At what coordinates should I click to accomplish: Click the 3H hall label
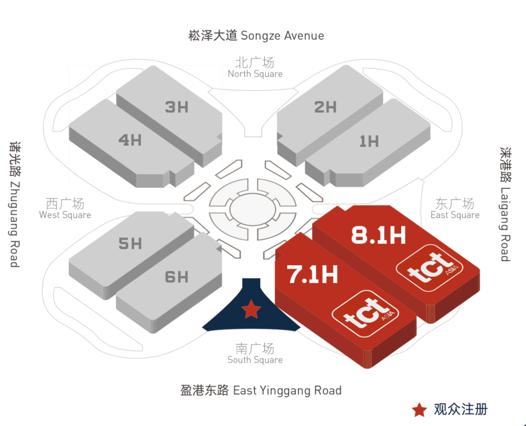[x=176, y=107]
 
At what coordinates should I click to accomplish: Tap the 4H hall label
[x=130, y=140]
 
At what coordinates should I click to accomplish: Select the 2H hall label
[x=325, y=107]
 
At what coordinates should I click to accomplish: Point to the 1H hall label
[x=369, y=141]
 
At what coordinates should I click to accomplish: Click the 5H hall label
[x=130, y=243]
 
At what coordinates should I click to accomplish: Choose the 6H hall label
[x=176, y=277]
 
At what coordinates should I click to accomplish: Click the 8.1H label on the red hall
[x=378, y=236]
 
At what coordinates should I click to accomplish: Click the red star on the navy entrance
[x=251, y=309]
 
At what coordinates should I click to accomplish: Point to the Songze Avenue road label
[x=256, y=36]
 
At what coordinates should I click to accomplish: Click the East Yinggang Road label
[x=261, y=390]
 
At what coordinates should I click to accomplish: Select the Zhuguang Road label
[x=15, y=204]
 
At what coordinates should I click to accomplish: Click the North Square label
[x=255, y=68]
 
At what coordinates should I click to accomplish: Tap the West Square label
[x=65, y=209]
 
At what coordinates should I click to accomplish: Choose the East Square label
[x=455, y=209]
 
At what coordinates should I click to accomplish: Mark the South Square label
[x=255, y=354]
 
